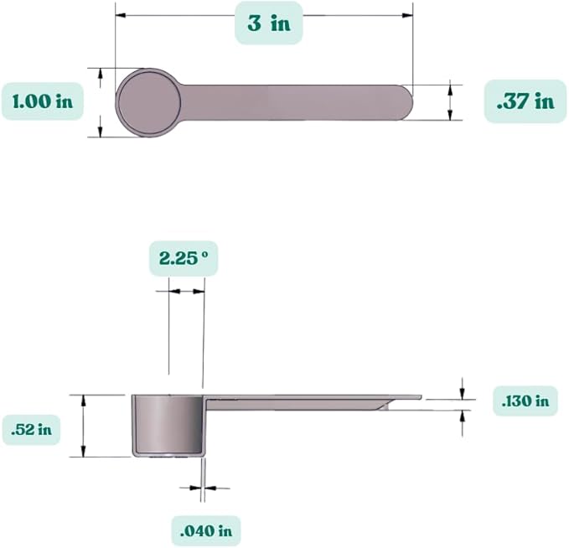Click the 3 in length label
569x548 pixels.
[269, 23]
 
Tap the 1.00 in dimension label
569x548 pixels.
[43, 101]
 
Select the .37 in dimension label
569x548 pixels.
[525, 101]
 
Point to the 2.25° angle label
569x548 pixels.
[184, 258]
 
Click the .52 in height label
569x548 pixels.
[31, 430]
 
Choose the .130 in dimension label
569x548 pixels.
[525, 401]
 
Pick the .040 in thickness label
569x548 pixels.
[206, 532]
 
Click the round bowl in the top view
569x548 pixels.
[148, 103]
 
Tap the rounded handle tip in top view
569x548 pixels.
[406, 103]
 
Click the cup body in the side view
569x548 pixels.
[168, 426]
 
